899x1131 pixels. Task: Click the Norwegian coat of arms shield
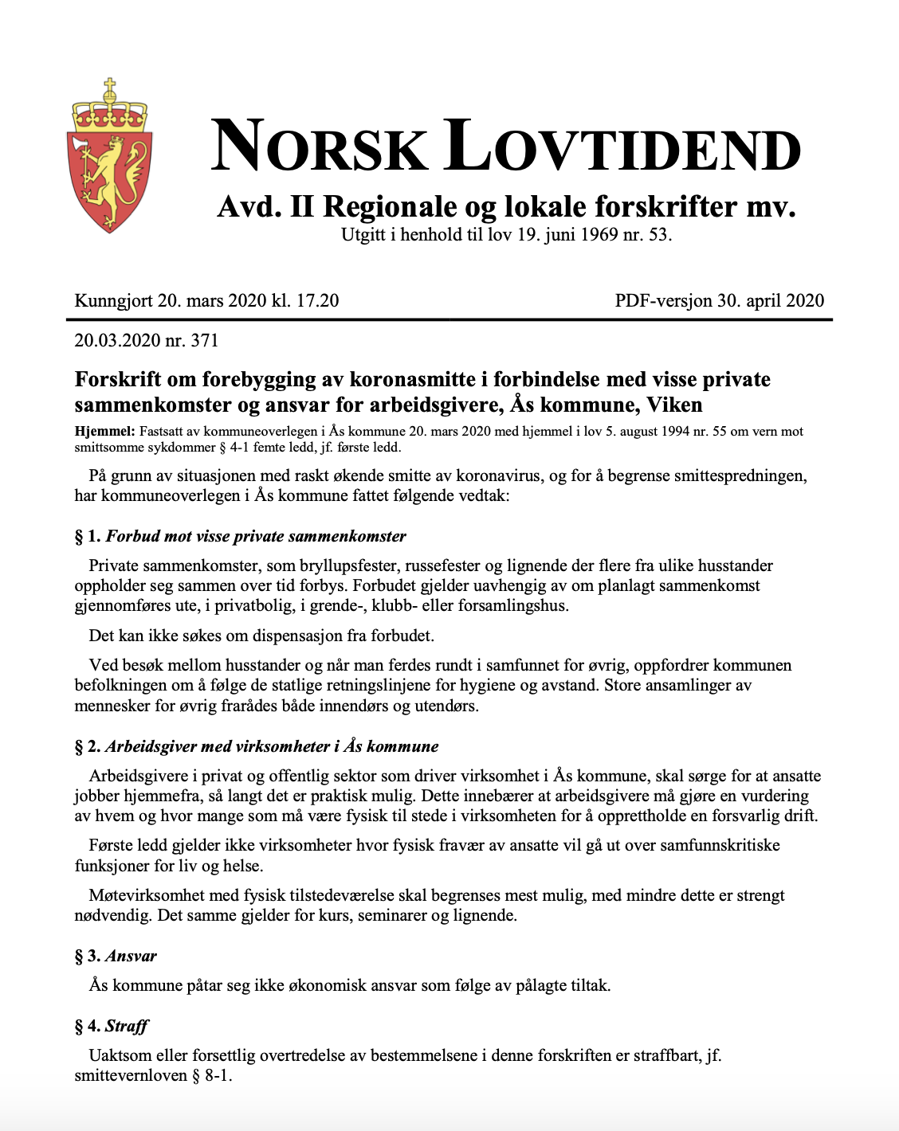pos(109,179)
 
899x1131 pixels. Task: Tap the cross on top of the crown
pos(110,84)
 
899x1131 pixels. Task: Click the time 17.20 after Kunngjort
pos(317,301)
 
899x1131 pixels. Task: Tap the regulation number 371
pos(205,341)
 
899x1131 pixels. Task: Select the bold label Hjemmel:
pos(104,432)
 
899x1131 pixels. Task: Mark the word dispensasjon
pos(298,636)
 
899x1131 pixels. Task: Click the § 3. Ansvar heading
pos(116,956)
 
